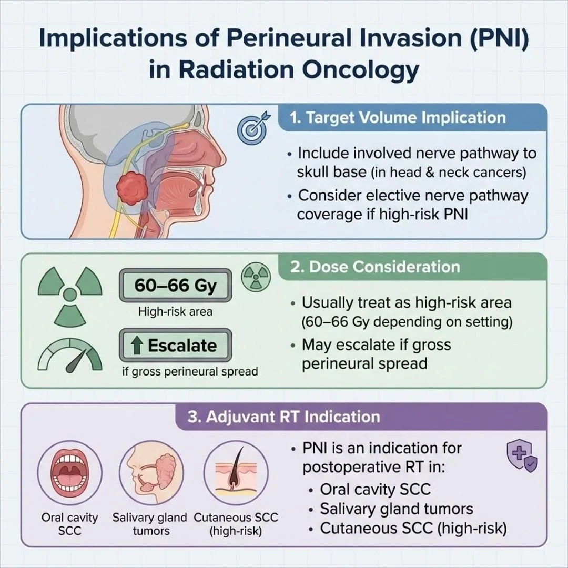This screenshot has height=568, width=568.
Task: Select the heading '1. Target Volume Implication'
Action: click(x=398, y=117)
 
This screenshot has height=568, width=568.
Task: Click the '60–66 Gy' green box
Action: click(x=176, y=286)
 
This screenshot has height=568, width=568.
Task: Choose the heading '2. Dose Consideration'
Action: click(x=376, y=267)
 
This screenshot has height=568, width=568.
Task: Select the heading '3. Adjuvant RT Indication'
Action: click(x=283, y=417)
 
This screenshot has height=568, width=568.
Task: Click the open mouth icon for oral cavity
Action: click(x=70, y=473)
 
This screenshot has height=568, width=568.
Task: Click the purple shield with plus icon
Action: click(x=521, y=456)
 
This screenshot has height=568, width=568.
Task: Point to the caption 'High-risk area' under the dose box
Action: click(x=175, y=311)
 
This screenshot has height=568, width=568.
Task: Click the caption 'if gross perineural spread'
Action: click(x=190, y=371)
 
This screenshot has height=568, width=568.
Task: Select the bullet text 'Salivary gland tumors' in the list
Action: click(x=396, y=509)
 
